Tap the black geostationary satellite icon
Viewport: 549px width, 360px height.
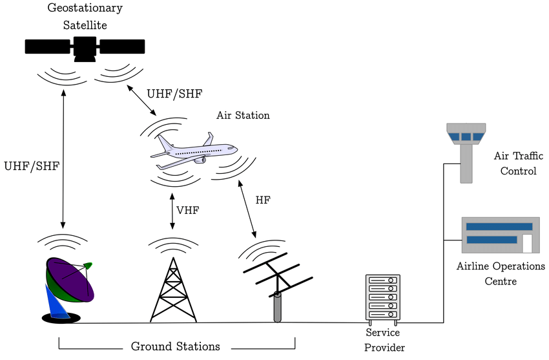pos(85,47)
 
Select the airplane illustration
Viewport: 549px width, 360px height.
pos(193,151)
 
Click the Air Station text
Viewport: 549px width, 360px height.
pos(243,116)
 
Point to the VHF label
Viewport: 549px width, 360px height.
pos(187,209)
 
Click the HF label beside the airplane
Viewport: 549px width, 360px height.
pos(263,200)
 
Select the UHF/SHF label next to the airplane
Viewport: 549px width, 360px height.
pos(174,94)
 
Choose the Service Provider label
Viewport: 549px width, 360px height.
pos(383,340)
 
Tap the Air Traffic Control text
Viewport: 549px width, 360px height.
pos(515,164)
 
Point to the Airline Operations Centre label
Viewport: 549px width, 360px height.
pos(501,273)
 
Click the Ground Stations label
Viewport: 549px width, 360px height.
pos(176,346)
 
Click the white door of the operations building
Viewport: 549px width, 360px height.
pos(528,243)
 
